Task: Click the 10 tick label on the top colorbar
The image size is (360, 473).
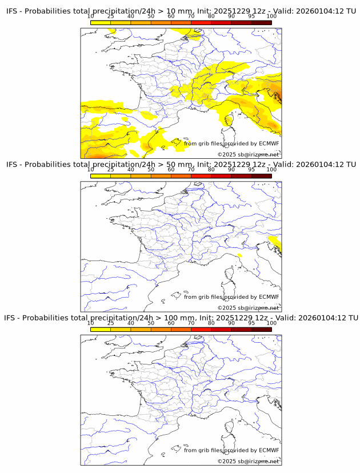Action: click(x=91, y=16)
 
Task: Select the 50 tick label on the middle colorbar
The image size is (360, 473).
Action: click(x=151, y=170)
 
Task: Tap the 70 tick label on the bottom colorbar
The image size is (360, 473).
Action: click(x=191, y=323)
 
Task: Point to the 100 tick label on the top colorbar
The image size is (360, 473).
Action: click(x=271, y=16)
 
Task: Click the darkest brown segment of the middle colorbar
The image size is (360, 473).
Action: click(x=261, y=176)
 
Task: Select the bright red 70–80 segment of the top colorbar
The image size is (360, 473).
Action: click(x=201, y=22)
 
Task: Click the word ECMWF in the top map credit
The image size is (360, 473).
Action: click(x=269, y=144)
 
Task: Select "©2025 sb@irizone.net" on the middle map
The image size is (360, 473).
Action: click(x=248, y=308)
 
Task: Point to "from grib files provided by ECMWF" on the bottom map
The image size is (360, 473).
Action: click(x=231, y=450)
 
